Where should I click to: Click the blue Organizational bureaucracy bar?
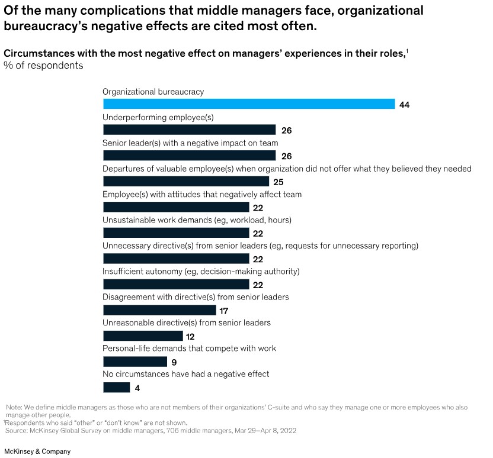(249, 104)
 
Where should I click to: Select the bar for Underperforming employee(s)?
(190, 130)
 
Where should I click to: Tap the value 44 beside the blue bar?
(405, 105)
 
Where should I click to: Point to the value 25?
(278, 182)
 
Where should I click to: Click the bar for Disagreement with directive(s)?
(159, 310)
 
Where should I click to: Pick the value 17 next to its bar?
(223, 311)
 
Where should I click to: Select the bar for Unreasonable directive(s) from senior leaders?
(143, 336)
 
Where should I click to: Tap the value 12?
(190, 337)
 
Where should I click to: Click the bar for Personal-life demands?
(135, 362)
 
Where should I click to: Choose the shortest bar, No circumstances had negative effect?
(117, 388)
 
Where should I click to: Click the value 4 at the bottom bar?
(137, 388)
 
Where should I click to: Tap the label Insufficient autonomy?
(201, 272)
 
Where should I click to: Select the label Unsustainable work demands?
(197, 220)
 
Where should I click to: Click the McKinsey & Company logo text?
(37, 451)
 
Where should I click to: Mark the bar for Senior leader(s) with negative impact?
(190, 156)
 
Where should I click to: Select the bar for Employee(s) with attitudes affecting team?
(176, 207)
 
